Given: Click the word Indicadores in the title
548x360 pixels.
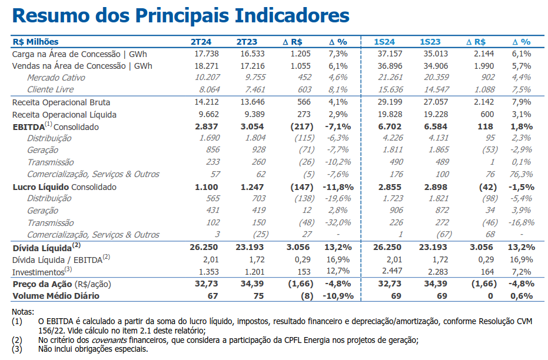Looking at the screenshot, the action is (292, 15).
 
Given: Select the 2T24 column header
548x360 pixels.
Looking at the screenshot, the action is (201, 42).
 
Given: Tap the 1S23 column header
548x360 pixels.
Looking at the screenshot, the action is (430, 42).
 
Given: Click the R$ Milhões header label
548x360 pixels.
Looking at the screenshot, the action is (36, 42).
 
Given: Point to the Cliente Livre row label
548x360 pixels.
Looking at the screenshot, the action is (51, 89).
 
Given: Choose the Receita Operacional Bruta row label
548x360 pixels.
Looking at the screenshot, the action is (61, 102).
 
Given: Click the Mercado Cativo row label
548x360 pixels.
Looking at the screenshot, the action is (56, 78).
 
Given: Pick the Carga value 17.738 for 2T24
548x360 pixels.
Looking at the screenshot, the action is (207, 54).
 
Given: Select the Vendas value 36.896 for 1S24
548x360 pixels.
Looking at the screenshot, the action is (390, 66).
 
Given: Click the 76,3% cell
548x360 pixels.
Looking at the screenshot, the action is (522, 174).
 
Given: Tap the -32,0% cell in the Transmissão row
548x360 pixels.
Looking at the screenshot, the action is (338, 222).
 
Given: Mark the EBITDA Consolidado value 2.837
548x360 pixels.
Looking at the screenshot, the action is (207, 126).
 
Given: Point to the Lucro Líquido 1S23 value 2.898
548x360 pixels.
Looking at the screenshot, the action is (436, 187).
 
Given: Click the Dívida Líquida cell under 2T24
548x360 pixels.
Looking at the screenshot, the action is (204, 247).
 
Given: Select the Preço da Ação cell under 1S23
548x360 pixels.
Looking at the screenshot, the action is (436, 284).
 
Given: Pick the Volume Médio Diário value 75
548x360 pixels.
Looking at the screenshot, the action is (258, 296).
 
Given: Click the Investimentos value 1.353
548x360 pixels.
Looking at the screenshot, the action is (208, 272).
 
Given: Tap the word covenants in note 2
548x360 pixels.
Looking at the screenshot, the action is (109, 340).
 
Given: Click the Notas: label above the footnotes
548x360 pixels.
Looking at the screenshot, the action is (23, 312).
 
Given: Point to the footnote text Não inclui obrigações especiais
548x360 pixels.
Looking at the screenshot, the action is (93, 349).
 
